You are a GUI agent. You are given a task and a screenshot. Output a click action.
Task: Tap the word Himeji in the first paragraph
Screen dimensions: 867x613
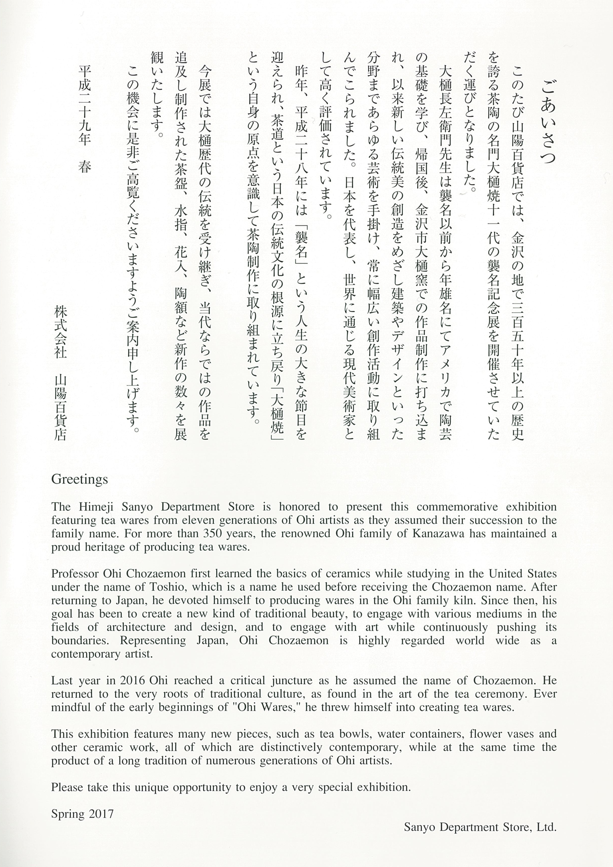(x=95, y=507)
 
